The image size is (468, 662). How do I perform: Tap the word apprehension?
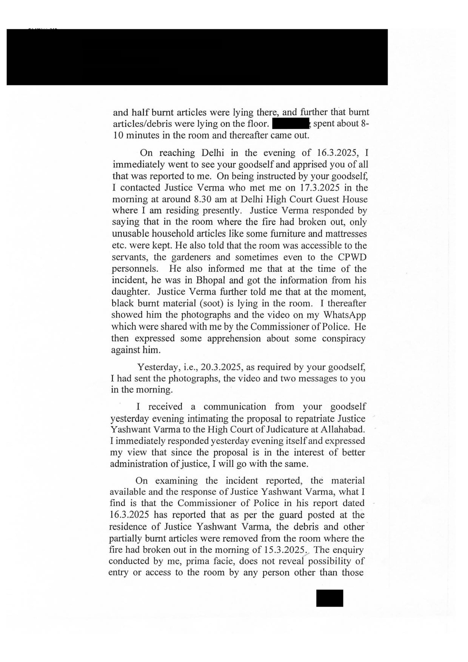pyautogui.click(x=234, y=338)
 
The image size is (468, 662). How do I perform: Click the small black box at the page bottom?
pyautogui.click(x=330, y=598)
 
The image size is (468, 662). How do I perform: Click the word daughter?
pyautogui.click(x=131, y=292)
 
